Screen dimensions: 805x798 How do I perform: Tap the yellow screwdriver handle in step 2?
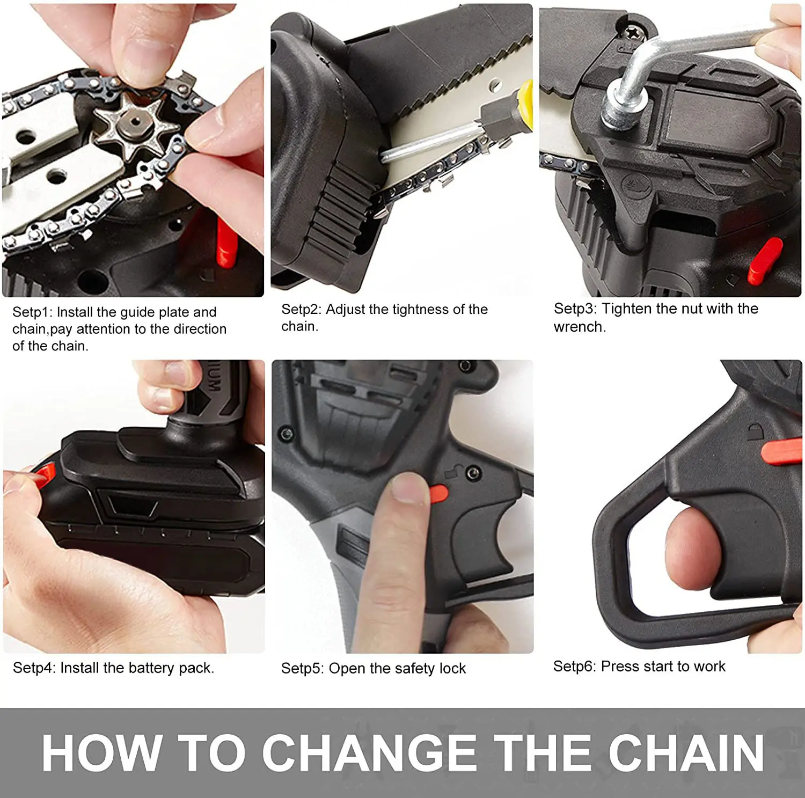click(525, 105)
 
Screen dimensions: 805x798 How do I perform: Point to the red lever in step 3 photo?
click(764, 260)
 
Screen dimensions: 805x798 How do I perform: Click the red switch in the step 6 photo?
click(781, 451)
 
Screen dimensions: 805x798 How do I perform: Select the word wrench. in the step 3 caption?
click(580, 327)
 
